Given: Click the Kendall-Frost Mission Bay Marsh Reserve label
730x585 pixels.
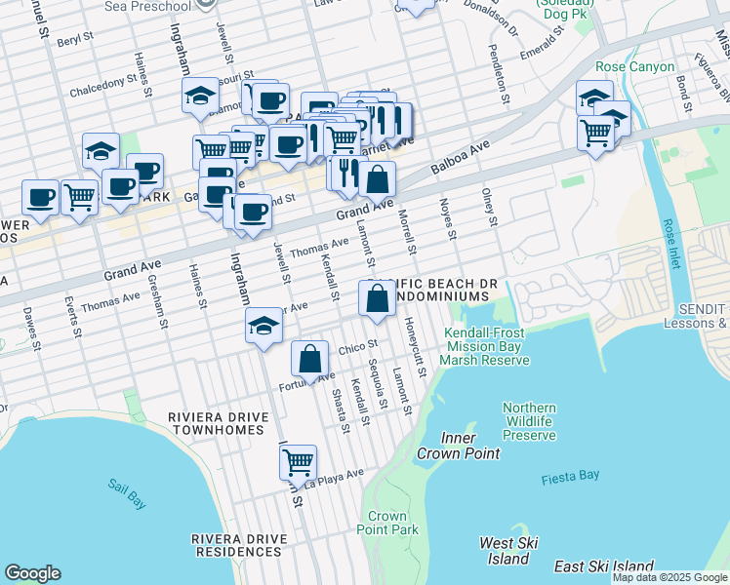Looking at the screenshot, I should pos(486,346).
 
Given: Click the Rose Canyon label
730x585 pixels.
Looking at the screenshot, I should pos(634,67).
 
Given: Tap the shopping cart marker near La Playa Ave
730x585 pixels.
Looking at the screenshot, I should pos(298,460).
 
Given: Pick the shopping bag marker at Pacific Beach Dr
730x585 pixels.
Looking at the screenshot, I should pos(377,298).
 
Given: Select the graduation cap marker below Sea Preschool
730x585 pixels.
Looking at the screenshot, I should pos(200,95).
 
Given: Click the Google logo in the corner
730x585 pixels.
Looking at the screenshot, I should pos(32,573).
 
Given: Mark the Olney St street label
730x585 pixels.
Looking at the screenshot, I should pos(489,208).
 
